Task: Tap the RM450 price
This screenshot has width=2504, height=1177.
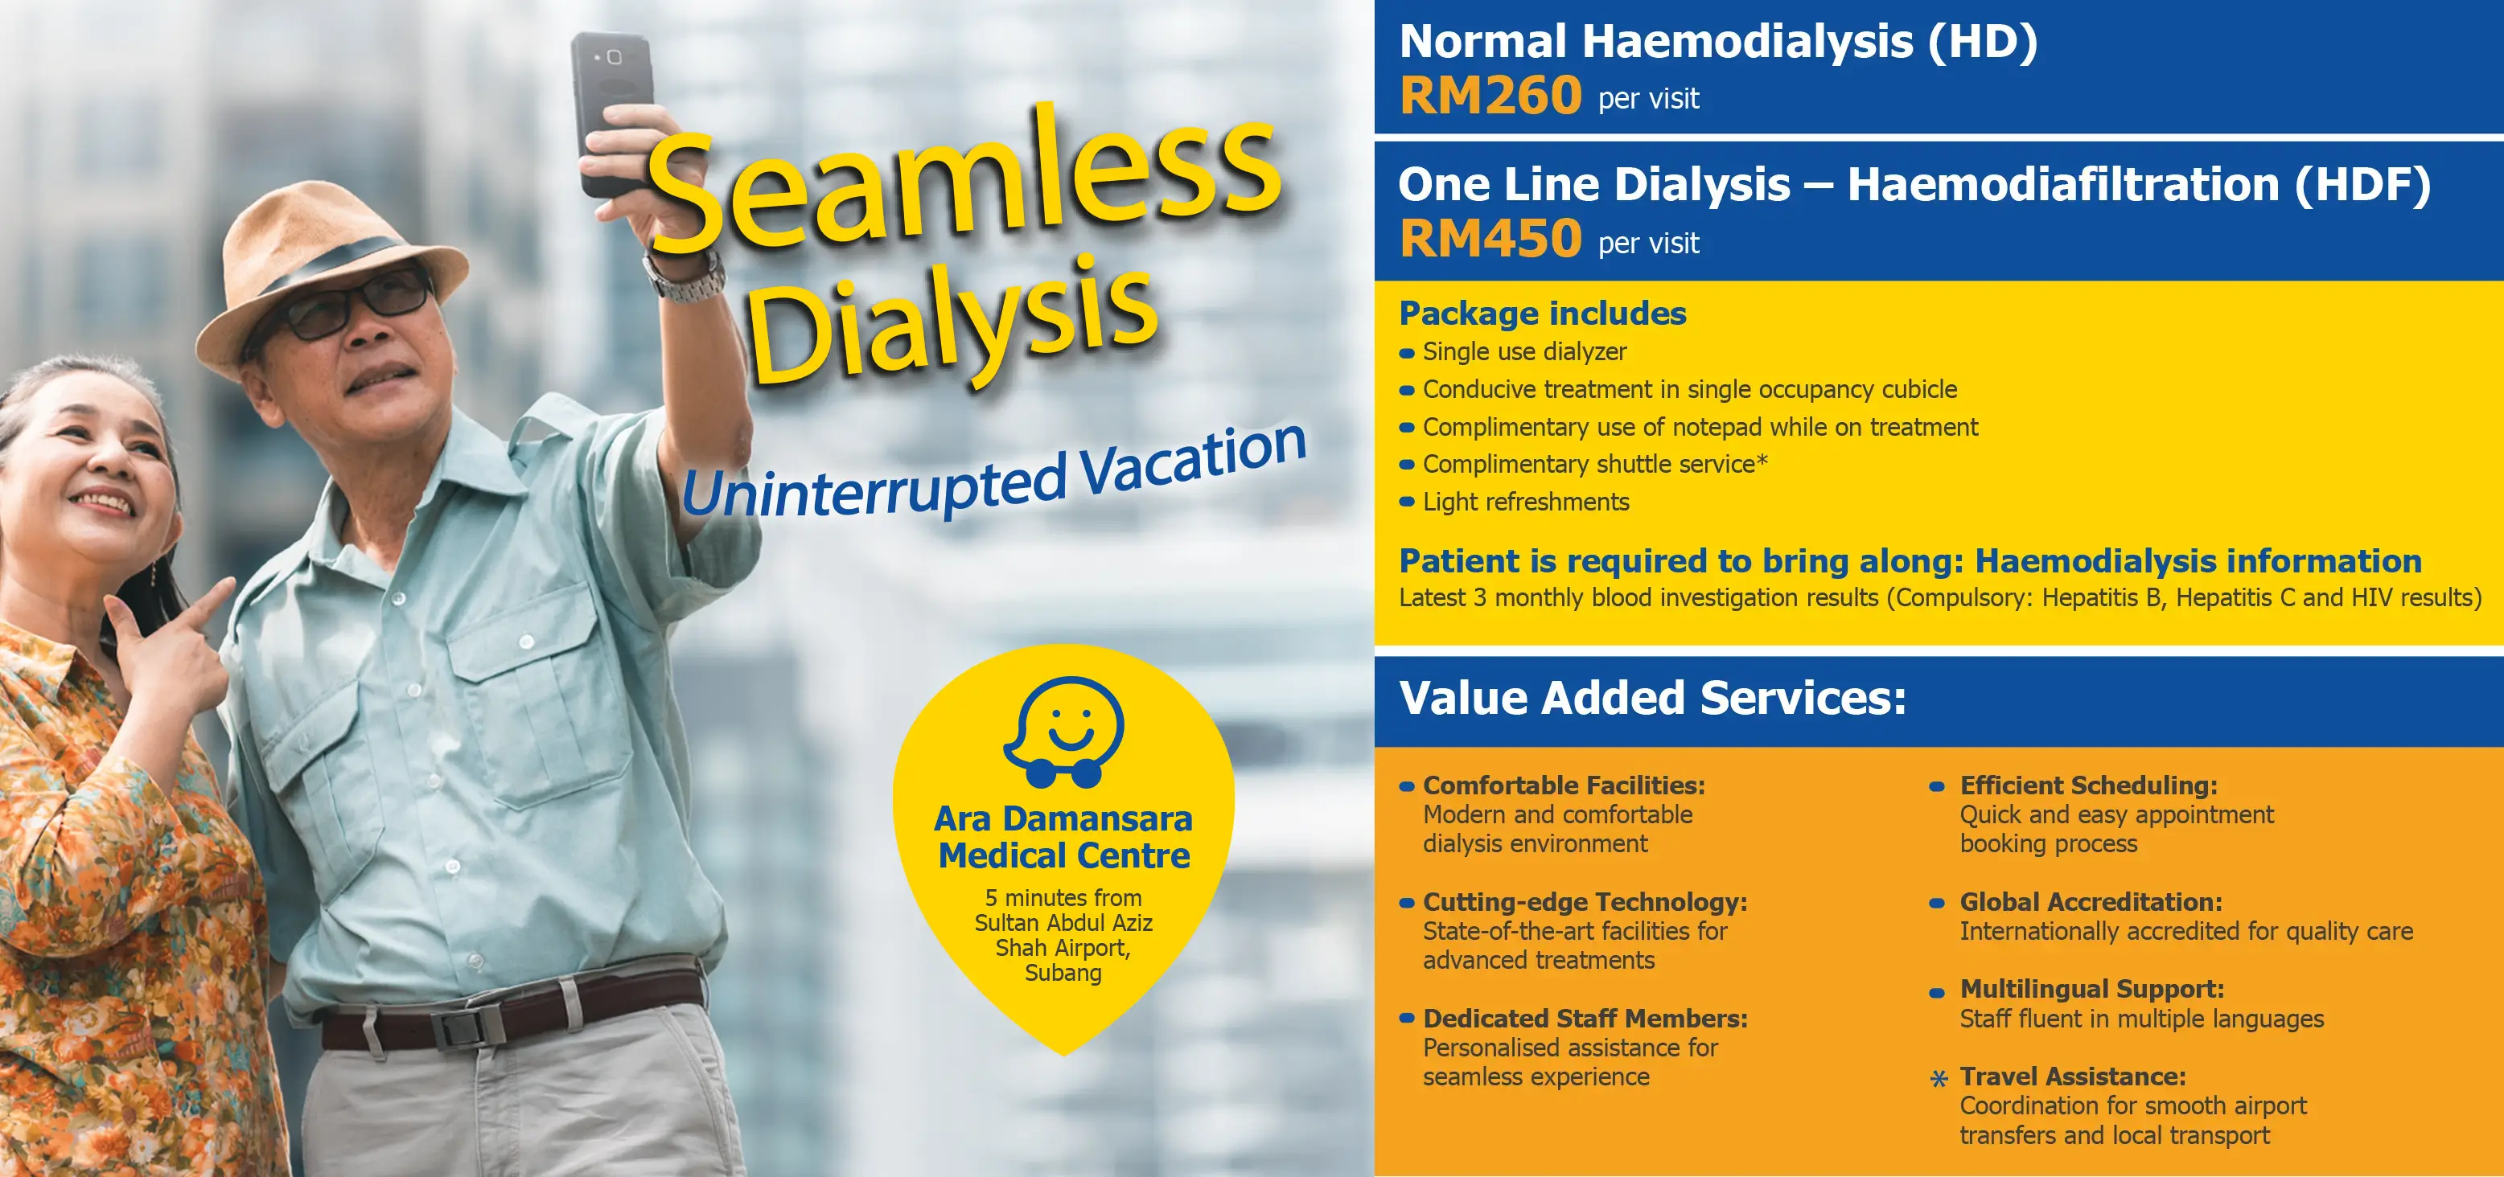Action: (x=1490, y=239)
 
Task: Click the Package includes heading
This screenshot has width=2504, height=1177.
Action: (x=1542, y=313)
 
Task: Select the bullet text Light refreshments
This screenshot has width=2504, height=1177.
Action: (x=1525, y=502)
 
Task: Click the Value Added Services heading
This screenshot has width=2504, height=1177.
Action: (x=1651, y=698)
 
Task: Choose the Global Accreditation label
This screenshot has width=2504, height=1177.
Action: (x=2090, y=902)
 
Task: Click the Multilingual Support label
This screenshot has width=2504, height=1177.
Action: (x=2091, y=988)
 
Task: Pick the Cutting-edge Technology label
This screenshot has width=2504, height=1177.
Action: (x=1585, y=902)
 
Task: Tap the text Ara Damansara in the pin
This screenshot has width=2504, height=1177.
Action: (x=1063, y=818)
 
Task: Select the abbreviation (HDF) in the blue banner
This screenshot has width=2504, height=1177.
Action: (x=2362, y=185)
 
